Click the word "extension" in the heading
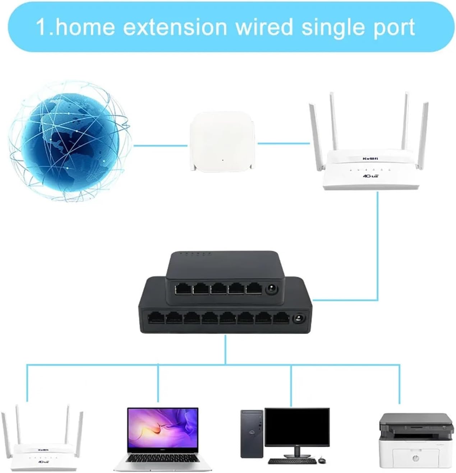point(175,27)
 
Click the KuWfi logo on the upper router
point(370,158)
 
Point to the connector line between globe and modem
point(160,145)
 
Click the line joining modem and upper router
point(284,144)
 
